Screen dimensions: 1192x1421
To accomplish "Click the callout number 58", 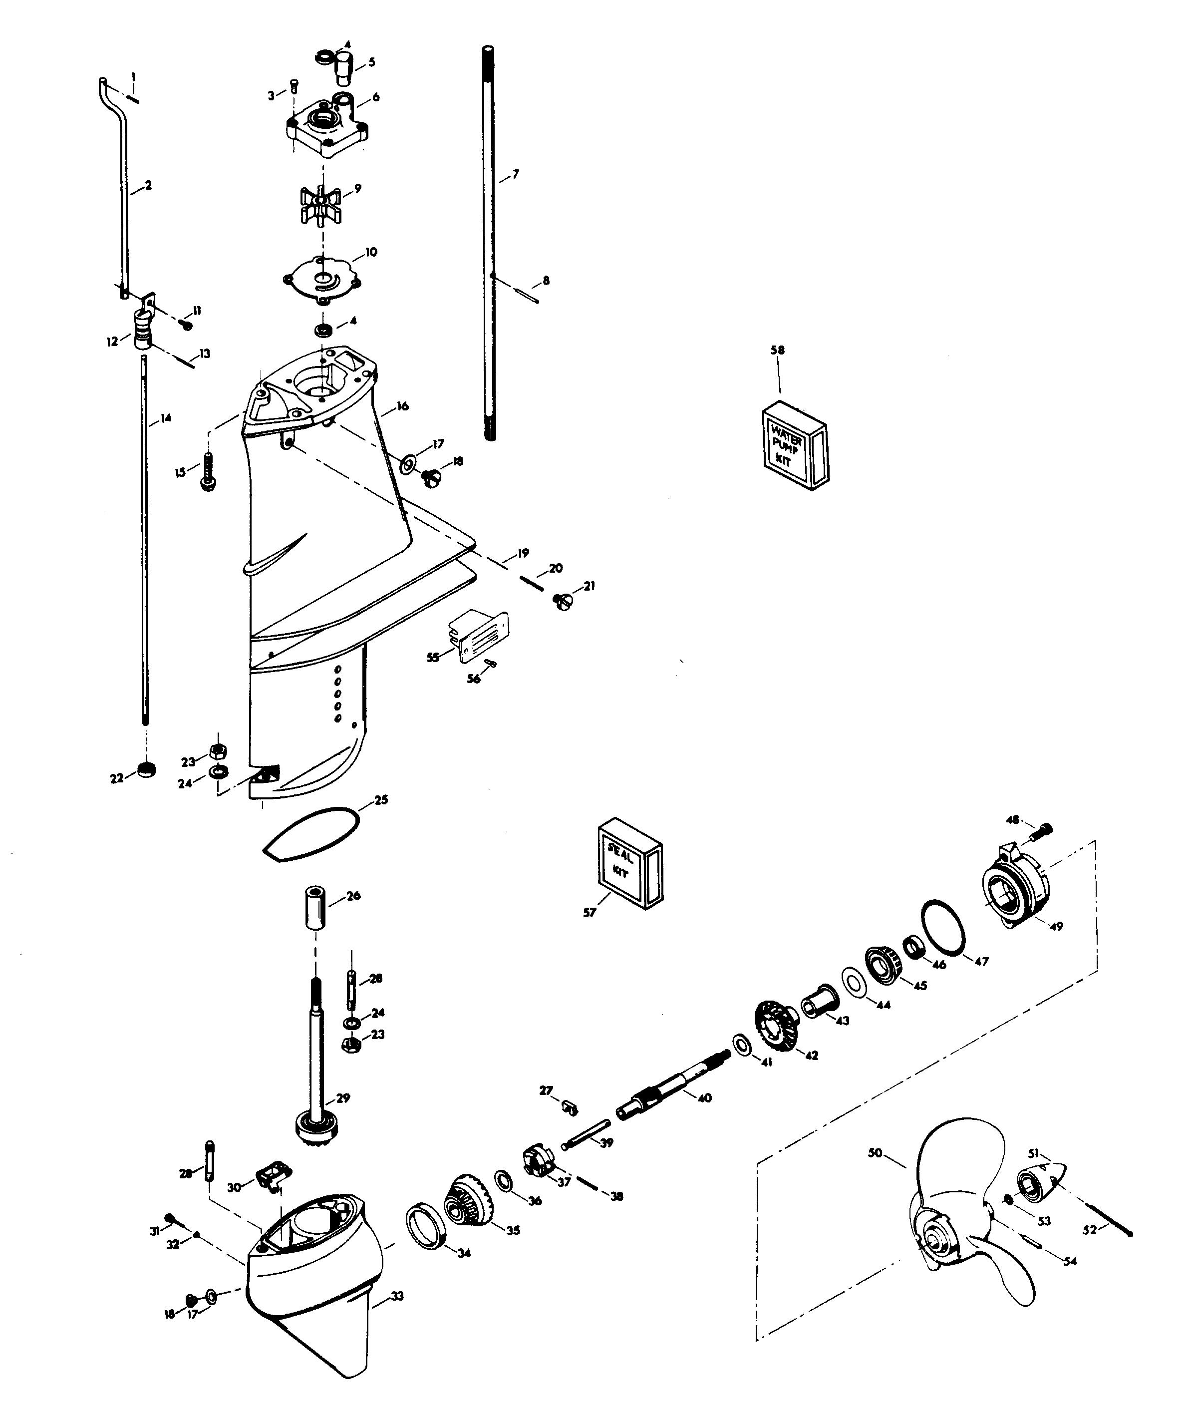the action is tap(778, 350).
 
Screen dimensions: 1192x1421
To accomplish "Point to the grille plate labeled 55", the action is tap(480, 636).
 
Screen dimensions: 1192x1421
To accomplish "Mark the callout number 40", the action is tap(704, 1097).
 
